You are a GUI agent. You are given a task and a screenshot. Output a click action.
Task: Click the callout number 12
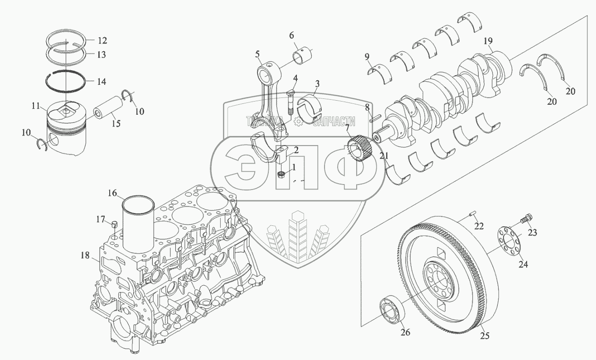point(102,40)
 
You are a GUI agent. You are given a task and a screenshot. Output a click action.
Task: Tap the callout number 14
point(102,82)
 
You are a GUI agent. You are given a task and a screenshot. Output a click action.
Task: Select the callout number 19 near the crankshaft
point(488,41)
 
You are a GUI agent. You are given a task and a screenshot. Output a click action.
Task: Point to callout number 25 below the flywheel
point(485,336)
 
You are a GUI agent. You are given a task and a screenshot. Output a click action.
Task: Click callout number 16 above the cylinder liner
point(112,193)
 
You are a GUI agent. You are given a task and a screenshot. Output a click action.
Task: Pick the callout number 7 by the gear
point(347,128)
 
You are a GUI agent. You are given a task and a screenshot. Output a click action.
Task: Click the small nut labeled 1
point(281,175)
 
